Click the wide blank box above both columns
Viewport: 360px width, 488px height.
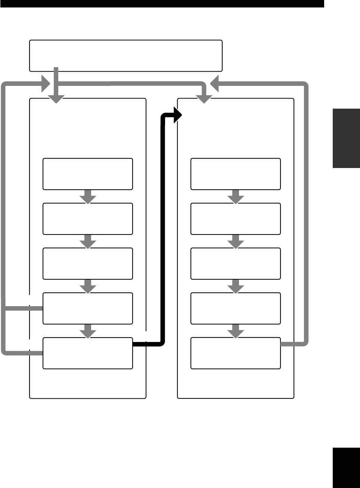point(126,55)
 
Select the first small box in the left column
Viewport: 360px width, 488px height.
point(88,174)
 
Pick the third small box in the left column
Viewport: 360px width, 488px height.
point(88,264)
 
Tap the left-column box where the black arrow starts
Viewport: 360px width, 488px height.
point(88,353)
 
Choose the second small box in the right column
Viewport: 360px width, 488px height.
point(236,219)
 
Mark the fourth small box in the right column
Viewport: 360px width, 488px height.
point(236,308)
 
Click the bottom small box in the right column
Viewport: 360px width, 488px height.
point(236,353)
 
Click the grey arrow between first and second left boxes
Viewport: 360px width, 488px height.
point(88,197)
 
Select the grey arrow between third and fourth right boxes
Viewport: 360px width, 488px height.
point(236,286)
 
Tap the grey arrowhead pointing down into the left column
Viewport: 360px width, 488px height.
point(56,99)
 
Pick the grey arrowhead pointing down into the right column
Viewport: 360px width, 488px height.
point(204,99)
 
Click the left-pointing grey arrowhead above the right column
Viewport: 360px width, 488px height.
point(214,84)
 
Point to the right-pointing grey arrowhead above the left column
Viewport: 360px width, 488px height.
point(46,84)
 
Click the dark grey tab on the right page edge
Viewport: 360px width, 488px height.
point(346,138)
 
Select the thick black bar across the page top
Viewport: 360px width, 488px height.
point(162,4)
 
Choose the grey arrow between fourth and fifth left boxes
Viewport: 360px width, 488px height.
point(88,331)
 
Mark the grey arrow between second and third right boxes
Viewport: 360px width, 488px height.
point(236,242)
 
